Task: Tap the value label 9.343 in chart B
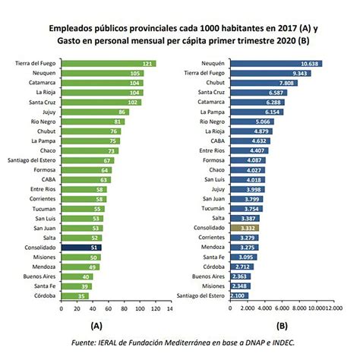pos(297,73)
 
